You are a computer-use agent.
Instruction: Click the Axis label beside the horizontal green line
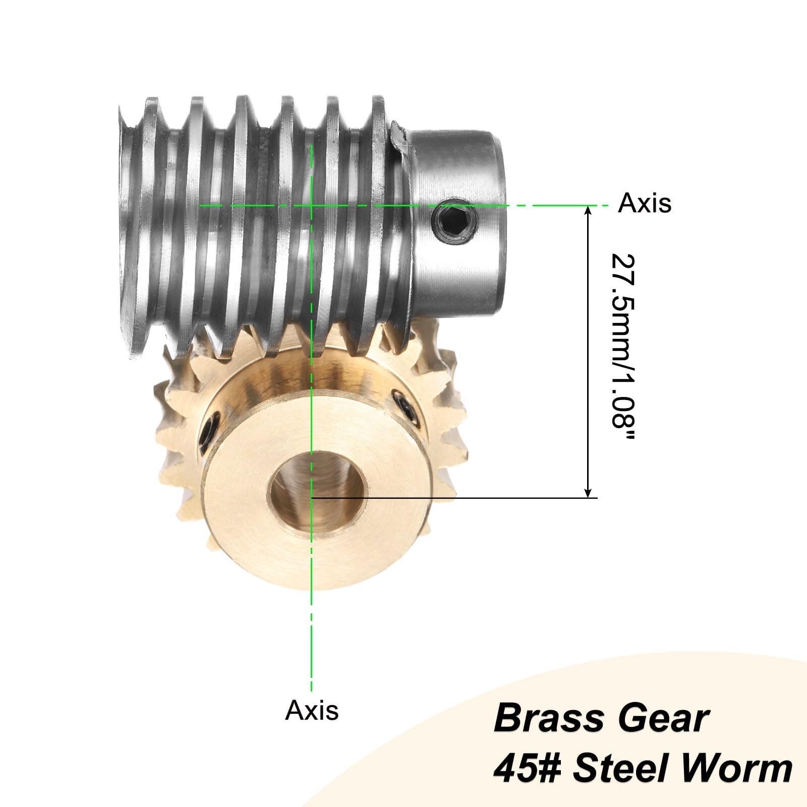645,204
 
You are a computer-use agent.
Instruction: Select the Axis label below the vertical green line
312,711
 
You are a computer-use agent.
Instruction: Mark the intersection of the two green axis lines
312,205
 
